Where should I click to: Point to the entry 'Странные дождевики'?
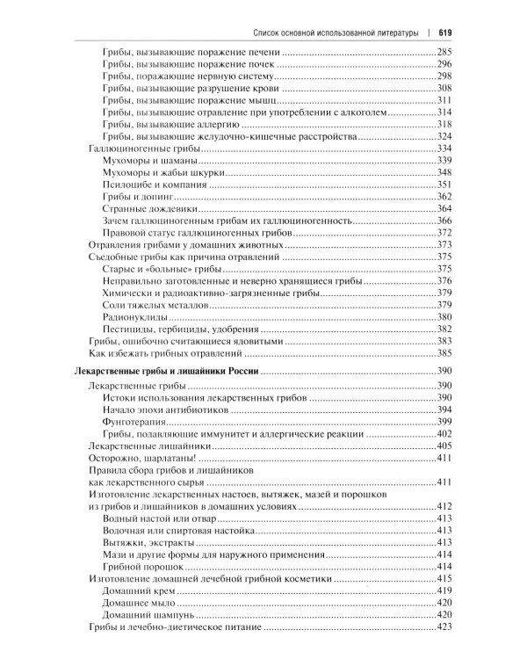(141, 208)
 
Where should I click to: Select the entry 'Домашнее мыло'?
(136, 603)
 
